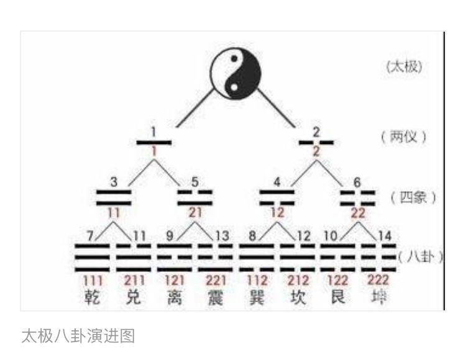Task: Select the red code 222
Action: click(378, 280)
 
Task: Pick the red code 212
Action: click(297, 281)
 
